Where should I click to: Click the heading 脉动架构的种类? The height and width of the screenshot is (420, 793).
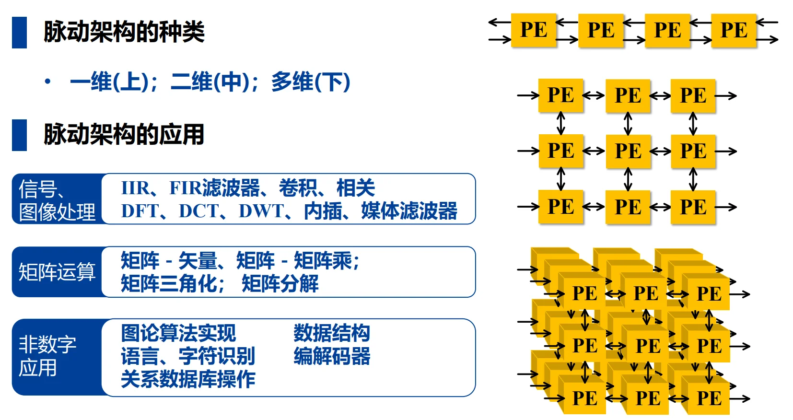click(124, 32)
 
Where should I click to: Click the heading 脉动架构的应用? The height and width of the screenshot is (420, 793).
click(124, 135)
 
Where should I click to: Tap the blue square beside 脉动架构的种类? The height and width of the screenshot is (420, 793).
click(19, 32)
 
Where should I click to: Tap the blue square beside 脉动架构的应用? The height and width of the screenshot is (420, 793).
click(19, 135)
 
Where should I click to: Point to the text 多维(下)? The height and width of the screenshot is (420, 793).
click(311, 82)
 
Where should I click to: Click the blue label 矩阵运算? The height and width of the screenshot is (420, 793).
click(57, 272)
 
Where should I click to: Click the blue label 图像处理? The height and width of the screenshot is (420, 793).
click(57, 212)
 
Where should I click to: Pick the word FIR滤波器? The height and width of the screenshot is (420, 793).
click(214, 187)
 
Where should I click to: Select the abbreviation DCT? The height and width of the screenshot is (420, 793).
click(199, 211)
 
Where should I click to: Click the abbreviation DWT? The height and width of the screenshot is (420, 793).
click(261, 211)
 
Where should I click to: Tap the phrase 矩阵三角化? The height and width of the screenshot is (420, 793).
click(169, 284)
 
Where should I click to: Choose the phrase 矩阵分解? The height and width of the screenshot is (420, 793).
click(280, 284)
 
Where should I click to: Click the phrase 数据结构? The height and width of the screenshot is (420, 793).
click(332, 333)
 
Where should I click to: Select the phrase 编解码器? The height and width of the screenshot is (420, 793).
click(332, 356)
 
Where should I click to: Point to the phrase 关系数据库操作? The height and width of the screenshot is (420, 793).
click(188, 379)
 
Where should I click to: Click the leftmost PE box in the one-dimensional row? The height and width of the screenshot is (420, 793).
click(534, 30)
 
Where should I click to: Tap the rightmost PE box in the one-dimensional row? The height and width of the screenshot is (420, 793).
click(734, 31)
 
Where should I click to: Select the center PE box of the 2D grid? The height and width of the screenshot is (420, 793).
click(628, 151)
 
